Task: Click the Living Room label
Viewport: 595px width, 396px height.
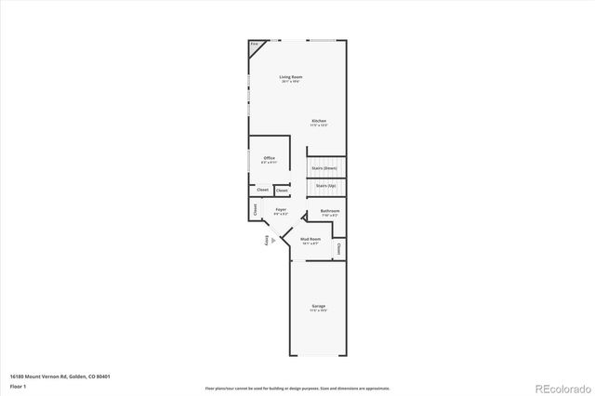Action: [291, 76]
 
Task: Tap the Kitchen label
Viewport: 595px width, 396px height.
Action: [319, 121]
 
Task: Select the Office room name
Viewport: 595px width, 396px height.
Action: [270, 158]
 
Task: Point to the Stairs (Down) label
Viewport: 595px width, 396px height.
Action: [324, 167]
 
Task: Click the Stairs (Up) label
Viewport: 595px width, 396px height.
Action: [325, 185]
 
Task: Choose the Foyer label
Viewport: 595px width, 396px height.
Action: [280, 210]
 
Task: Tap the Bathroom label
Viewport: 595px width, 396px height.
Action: [330, 211]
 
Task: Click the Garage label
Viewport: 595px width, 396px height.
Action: [319, 306]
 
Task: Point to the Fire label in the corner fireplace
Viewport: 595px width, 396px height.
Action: [254, 44]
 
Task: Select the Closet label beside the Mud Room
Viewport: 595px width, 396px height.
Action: [340, 248]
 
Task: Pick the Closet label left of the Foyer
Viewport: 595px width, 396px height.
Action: [255, 211]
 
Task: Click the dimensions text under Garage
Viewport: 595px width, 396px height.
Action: [319, 310]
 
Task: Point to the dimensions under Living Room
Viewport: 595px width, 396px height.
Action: [291, 82]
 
